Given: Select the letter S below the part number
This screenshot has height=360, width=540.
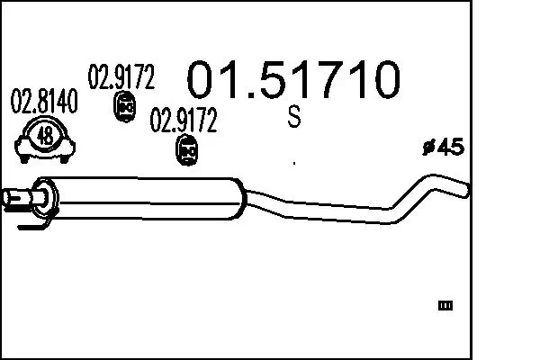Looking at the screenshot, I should click(x=294, y=117).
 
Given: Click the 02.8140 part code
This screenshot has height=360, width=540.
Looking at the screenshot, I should click(x=43, y=102).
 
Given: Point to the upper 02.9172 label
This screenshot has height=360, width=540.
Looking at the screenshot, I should click(x=121, y=78).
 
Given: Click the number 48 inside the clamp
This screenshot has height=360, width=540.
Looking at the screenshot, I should click(x=45, y=137).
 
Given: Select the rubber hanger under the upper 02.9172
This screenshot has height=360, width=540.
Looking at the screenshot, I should click(x=125, y=108).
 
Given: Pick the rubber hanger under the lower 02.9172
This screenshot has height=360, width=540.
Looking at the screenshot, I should click(x=186, y=151).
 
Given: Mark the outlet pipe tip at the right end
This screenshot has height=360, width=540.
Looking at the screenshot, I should click(x=463, y=190).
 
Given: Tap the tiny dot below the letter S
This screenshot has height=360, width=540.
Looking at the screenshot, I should click(x=294, y=163).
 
